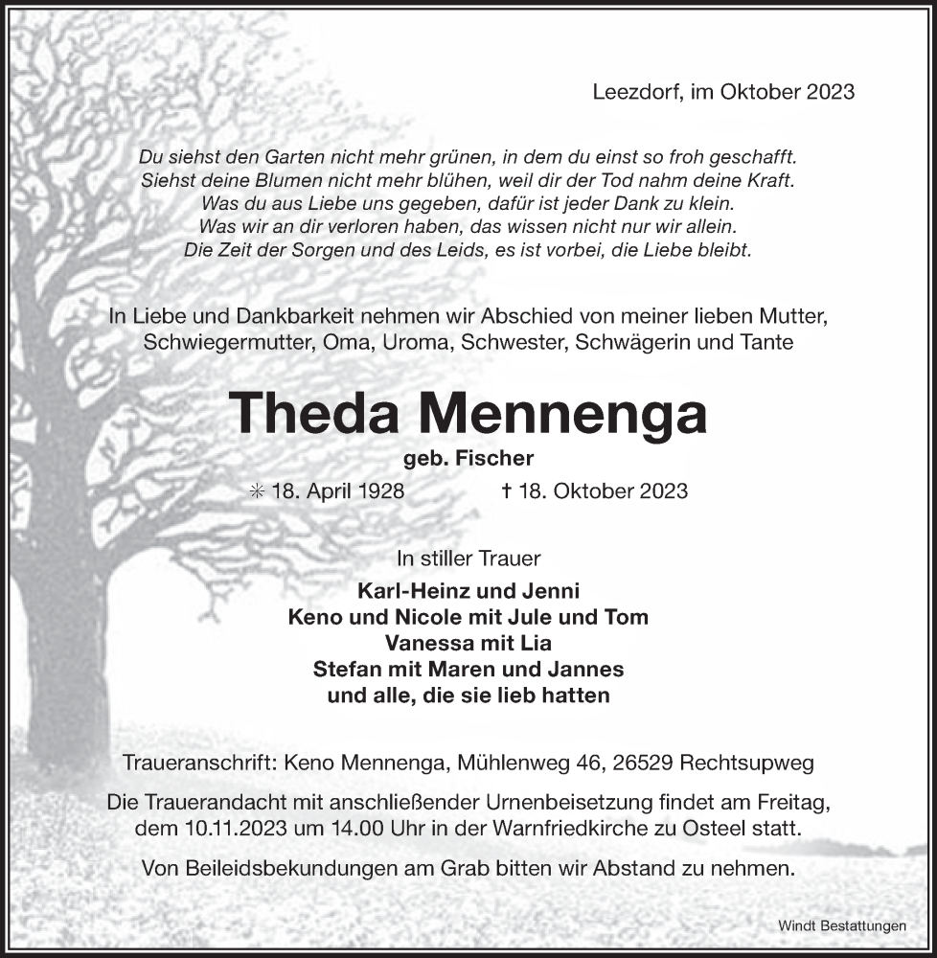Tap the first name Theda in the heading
(315, 414)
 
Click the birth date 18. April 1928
(337, 490)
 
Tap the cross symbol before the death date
(507, 490)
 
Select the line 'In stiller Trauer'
(468, 557)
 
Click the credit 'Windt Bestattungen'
(842, 925)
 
